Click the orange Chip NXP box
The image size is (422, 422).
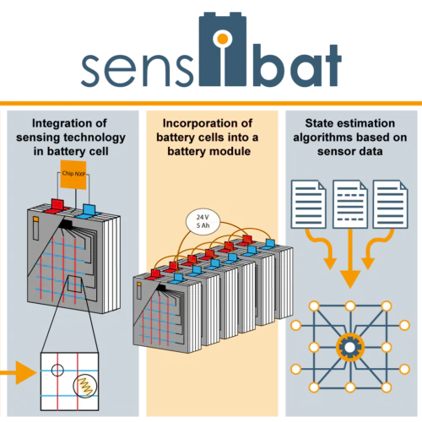(73, 175)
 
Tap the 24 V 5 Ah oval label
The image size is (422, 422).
(203, 221)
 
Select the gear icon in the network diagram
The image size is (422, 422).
(350, 347)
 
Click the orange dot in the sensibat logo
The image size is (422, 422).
(223, 39)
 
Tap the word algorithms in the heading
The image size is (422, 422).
(319, 138)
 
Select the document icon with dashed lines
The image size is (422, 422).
(350, 204)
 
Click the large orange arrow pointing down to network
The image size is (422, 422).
(350, 258)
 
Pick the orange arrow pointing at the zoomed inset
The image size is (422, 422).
(19, 373)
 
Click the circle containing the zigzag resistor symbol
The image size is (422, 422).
(85, 387)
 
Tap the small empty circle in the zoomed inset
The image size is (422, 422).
(57, 370)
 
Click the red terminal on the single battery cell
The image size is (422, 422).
(57, 206)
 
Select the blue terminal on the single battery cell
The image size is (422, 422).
(88, 212)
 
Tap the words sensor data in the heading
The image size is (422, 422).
(350, 151)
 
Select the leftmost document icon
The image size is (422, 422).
(309, 204)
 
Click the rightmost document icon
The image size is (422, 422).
(391, 204)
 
